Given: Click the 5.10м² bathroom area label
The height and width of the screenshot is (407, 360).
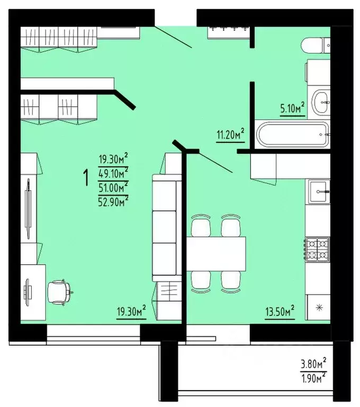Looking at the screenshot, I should point(292,108).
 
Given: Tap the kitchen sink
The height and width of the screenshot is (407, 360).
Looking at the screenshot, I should point(319,187).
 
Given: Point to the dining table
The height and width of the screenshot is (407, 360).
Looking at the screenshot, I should point(217,253).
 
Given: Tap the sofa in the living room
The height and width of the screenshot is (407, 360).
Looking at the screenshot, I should point(164,228).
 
